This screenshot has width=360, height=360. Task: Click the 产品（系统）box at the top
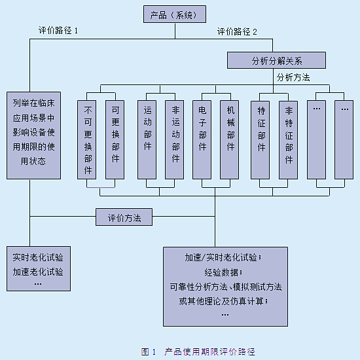175,14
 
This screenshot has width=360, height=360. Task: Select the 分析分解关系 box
276,60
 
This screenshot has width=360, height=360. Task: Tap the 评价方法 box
124,217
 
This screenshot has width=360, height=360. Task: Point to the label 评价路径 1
58,31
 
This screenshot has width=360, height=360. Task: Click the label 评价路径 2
237,31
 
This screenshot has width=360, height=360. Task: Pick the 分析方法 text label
293,77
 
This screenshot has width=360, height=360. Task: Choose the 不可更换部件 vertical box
87,139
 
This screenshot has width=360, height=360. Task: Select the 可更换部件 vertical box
115,139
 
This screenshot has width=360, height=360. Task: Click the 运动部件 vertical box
147,139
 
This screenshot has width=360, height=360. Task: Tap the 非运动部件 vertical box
175,139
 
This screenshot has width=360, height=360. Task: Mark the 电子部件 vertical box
202,139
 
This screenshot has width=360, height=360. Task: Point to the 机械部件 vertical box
230,139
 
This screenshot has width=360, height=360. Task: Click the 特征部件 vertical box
261,140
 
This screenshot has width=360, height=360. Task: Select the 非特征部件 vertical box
289,140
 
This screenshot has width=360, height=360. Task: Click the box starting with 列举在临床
34,135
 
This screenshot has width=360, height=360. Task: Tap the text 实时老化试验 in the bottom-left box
38,257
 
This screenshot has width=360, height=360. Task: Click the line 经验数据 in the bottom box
223,272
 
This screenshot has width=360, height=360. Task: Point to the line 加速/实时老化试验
223,258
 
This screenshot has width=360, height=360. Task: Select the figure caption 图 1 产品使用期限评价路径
198,351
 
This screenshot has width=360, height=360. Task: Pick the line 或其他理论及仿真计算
224,301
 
